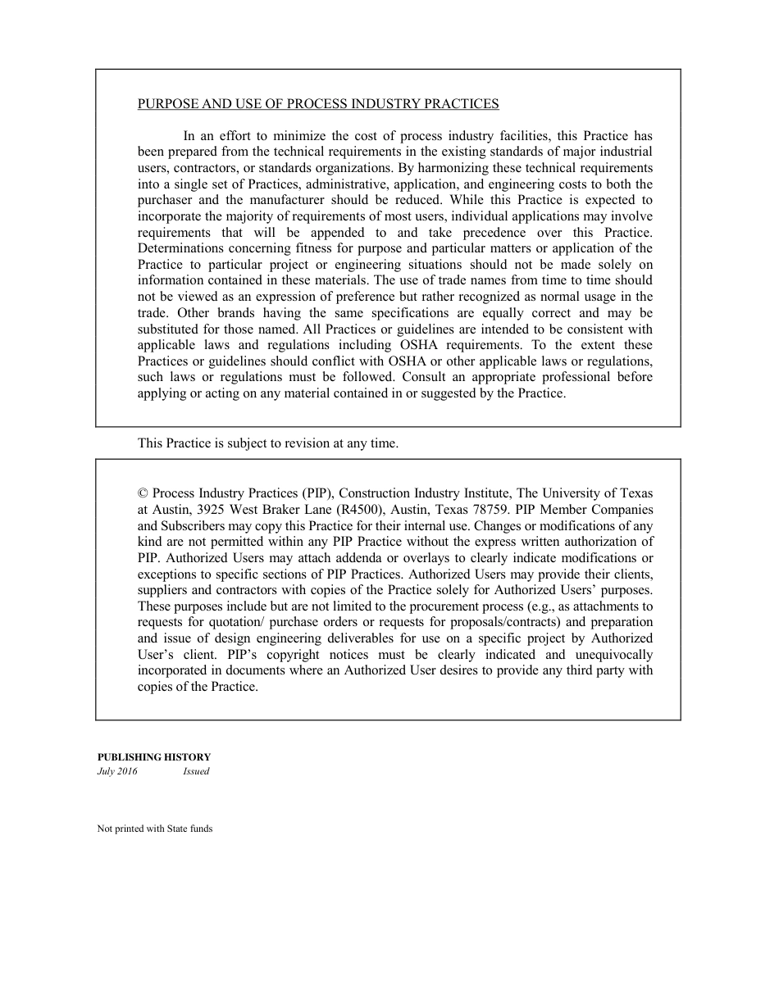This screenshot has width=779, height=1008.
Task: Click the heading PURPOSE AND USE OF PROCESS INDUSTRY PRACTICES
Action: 318,104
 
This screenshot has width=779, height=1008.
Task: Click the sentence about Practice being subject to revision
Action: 268,443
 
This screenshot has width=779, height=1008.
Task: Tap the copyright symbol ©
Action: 143,493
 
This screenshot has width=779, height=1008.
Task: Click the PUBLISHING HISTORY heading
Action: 154,757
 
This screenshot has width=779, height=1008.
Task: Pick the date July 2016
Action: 117,772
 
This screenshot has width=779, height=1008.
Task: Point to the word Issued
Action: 196,772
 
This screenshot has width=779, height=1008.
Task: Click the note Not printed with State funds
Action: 155,829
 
